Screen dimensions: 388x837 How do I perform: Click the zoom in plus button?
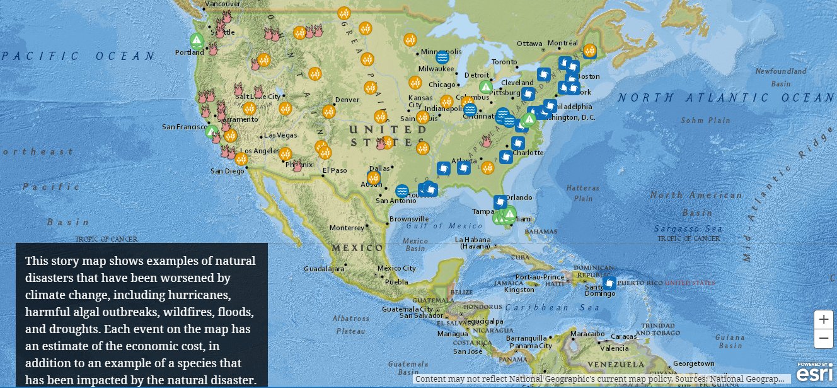point(823,319)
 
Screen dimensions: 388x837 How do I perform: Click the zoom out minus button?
point(823,339)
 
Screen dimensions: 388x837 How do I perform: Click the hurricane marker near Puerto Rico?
point(609,283)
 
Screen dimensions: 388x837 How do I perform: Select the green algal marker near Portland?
point(197,41)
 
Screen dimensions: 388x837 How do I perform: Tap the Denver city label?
point(347,100)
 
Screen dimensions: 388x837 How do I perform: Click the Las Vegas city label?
point(280,135)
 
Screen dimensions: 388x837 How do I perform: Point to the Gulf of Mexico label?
point(436,226)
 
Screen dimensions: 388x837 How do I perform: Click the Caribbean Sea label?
point(545,307)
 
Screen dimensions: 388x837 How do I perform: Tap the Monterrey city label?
point(347,228)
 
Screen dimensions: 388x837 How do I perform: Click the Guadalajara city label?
point(324,269)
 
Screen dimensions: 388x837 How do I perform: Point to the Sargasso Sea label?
point(678,228)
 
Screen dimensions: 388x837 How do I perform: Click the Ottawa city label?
point(529,44)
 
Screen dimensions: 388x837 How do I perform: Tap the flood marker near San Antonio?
point(401,191)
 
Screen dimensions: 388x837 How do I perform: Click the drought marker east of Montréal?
point(589,50)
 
